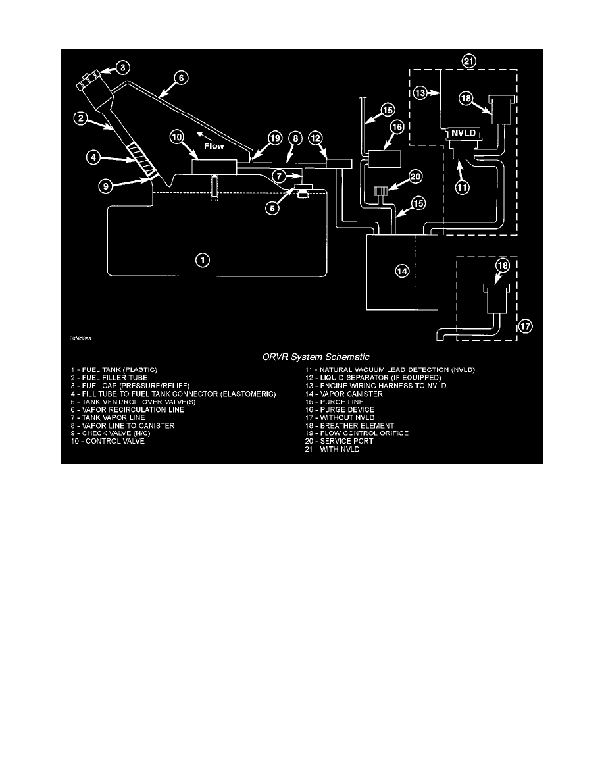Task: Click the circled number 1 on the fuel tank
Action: tap(204, 261)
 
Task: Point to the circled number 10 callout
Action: tap(177, 137)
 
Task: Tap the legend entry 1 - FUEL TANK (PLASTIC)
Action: tap(115, 370)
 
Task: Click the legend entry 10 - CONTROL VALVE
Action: tap(108, 441)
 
